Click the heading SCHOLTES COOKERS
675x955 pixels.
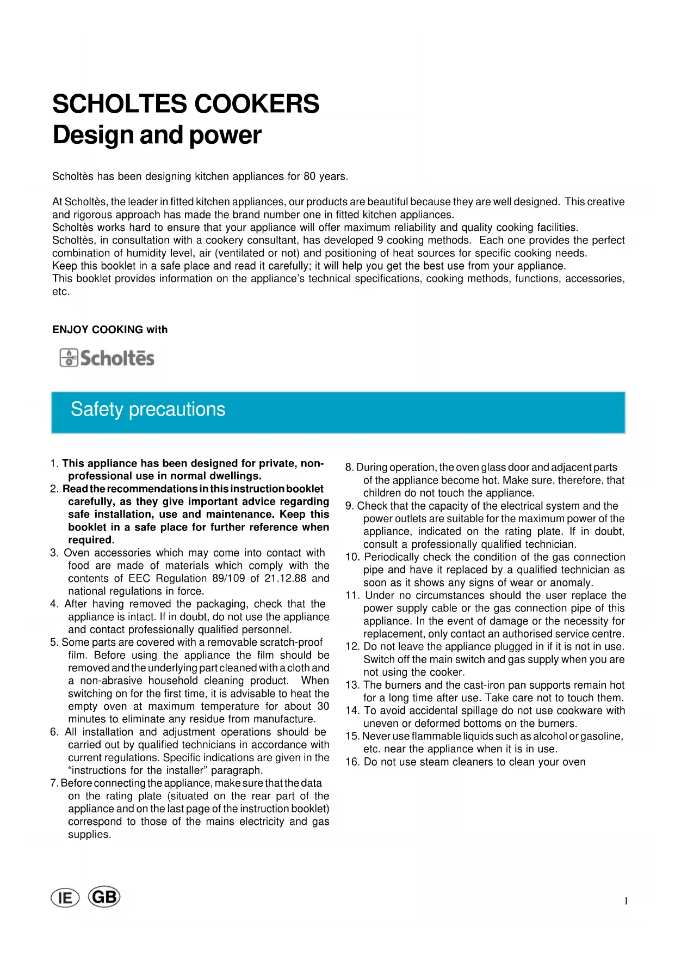tap(185, 104)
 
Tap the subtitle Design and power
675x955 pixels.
tap(157, 135)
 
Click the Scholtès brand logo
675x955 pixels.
tap(107, 358)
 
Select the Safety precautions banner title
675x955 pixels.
tap(148, 409)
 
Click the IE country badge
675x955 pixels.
tap(65, 898)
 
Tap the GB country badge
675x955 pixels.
tap(104, 897)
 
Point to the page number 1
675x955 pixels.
tap(626, 901)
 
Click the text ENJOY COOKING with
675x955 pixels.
tap(110, 329)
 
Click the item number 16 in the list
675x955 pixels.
tap(352, 762)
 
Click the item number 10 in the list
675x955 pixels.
tap(352, 557)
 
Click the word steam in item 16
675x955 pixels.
tap(449, 762)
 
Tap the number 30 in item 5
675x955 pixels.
tap(323, 706)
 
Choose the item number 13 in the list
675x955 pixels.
tap(352, 685)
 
